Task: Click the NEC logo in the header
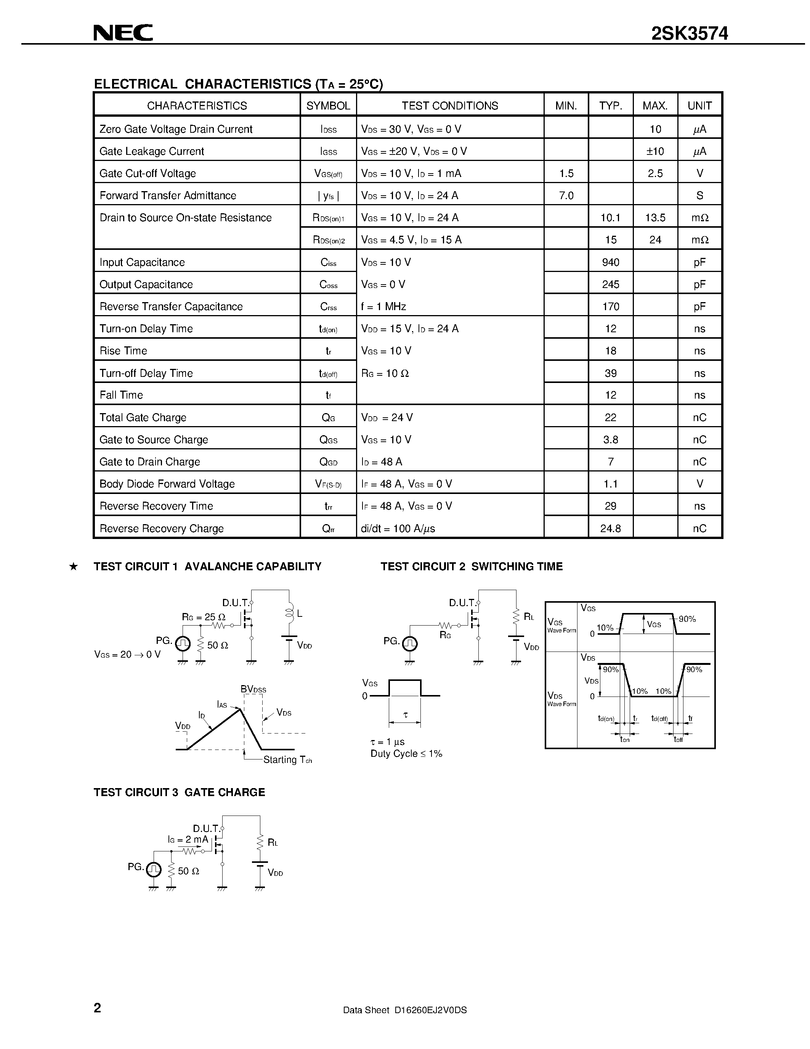[x=123, y=33]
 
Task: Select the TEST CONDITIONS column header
[x=450, y=106]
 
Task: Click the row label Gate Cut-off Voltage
[x=148, y=174]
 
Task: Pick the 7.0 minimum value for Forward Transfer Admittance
[x=566, y=195]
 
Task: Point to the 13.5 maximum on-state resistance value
[x=655, y=217]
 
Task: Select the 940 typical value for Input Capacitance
[x=610, y=262]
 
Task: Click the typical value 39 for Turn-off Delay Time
[x=610, y=373]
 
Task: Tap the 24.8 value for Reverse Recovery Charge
[x=610, y=528]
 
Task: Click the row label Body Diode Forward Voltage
[x=167, y=484]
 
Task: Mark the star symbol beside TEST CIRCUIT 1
[x=74, y=567]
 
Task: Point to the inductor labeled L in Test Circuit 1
[x=289, y=613]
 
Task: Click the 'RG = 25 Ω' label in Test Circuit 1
[x=204, y=617]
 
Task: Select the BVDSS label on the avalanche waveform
[x=253, y=689]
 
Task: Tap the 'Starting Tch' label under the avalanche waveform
[x=287, y=759]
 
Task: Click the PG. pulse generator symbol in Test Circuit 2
[x=409, y=643]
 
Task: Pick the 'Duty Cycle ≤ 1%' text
[x=406, y=754]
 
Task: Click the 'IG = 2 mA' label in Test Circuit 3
[x=188, y=839]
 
